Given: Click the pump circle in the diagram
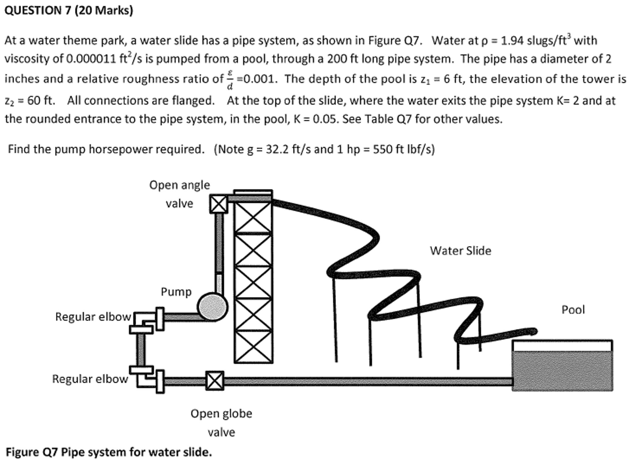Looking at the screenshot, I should click(x=212, y=307).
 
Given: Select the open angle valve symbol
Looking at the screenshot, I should click(x=219, y=204).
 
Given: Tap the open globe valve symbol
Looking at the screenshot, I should click(x=215, y=381).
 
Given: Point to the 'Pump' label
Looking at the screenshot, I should click(x=176, y=292).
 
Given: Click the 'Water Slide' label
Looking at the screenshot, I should click(x=460, y=251).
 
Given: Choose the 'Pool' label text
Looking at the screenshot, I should click(x=573, y=310).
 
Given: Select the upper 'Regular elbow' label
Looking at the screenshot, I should click(x=93, y=317).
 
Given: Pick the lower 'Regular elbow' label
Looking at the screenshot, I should click(x=90, y=379).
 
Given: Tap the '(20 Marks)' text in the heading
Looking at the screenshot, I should click(x=104, y=11).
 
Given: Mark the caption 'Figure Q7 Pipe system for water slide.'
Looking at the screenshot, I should click(x=109, y=452).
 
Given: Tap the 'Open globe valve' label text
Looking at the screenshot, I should click(x=221, y=423).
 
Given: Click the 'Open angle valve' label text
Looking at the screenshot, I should click(x=180, y=194).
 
